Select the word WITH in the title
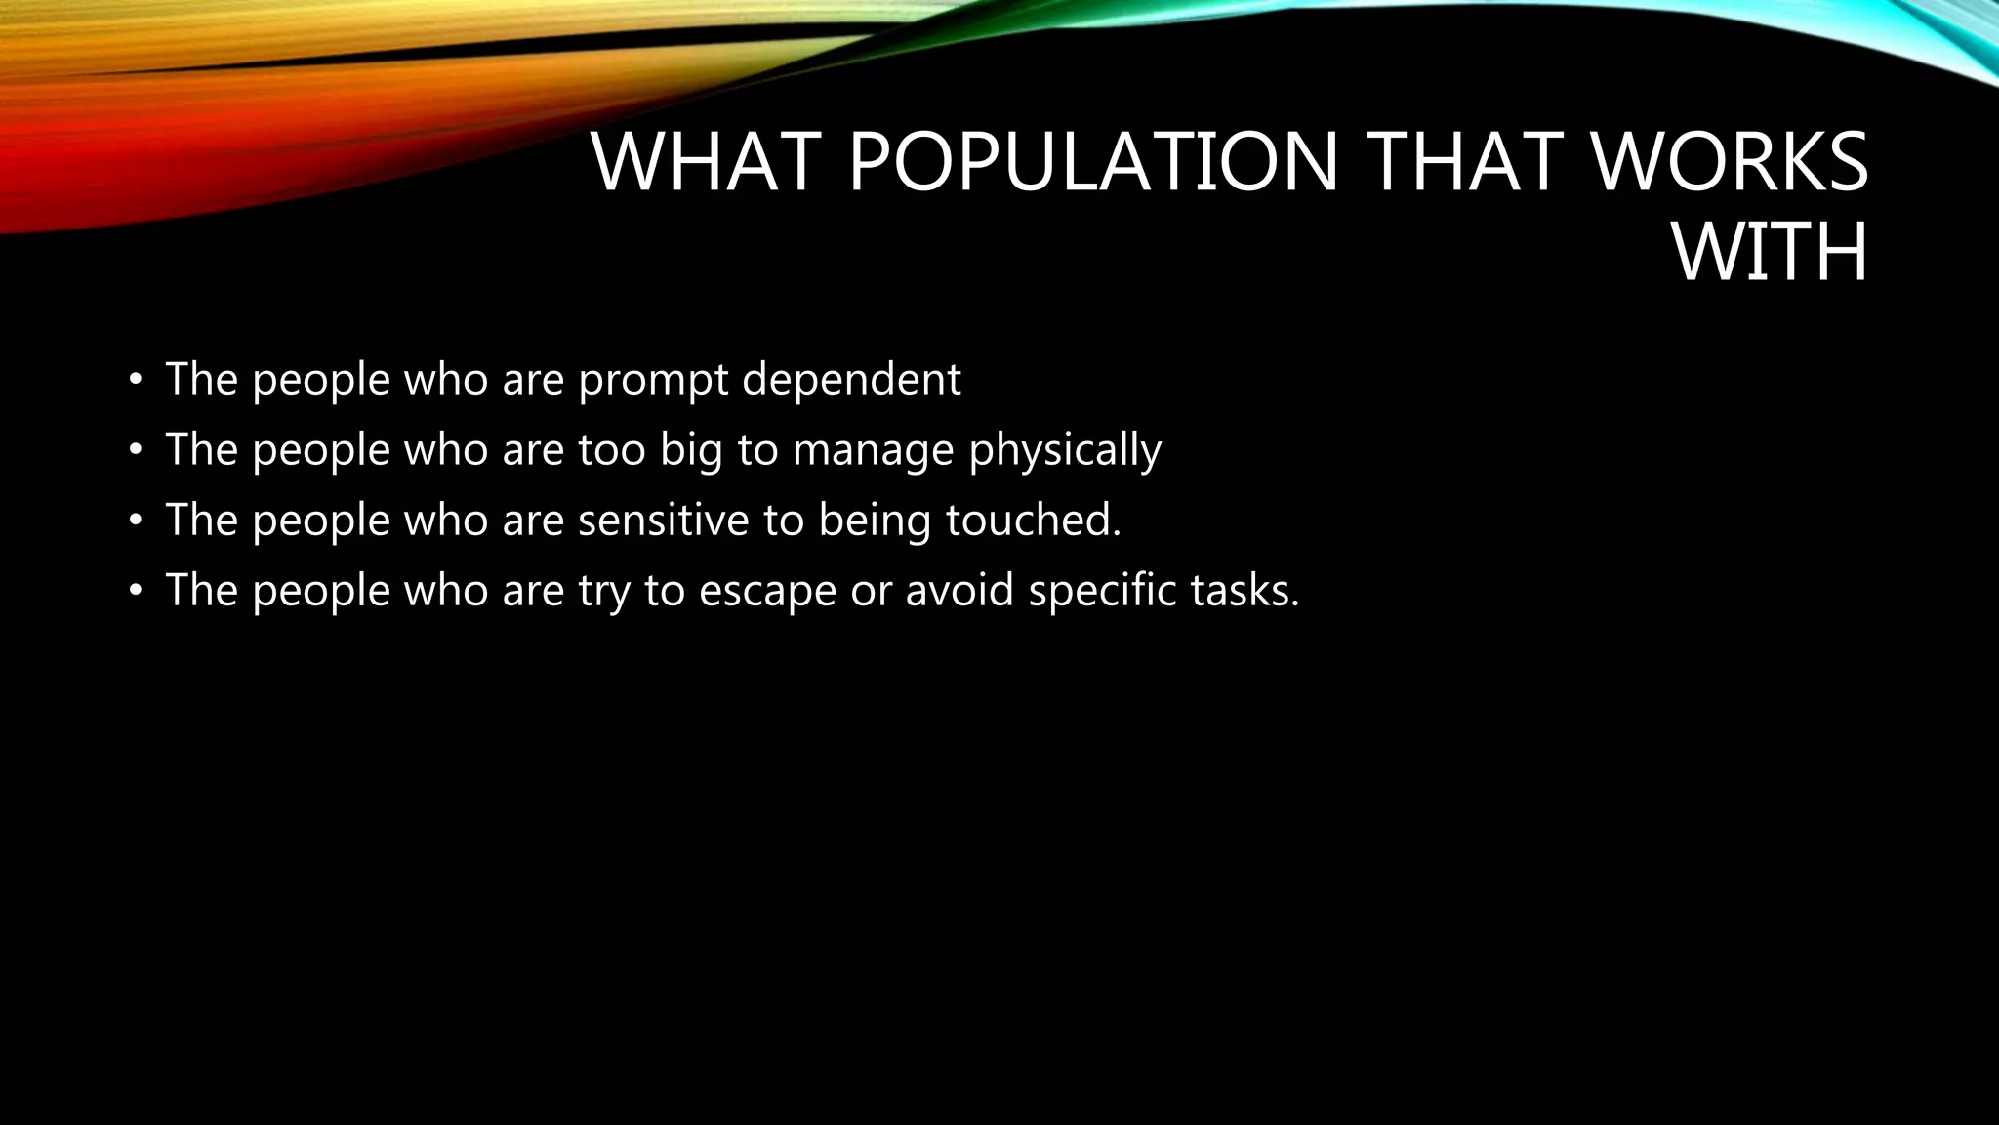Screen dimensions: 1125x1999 point(1770,252)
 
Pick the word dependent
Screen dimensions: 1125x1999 point(851,379)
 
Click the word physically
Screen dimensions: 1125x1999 point(1065,450)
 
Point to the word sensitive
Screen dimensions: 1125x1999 point(663,520)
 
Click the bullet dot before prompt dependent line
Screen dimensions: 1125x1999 point(136,380)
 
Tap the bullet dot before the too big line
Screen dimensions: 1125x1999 point(136,450)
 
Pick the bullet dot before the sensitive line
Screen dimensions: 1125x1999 point(136,521)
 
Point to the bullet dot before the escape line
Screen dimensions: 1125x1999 point(136,591)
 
